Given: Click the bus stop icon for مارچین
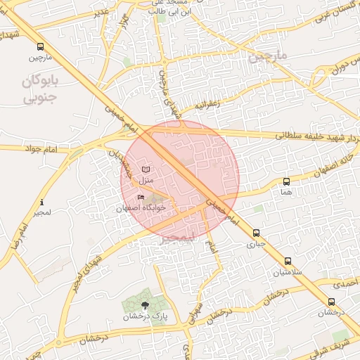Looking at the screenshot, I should pos(40,46).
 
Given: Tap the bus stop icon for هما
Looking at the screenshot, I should pos(285,181).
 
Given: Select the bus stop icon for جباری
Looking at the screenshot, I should pos(255,233).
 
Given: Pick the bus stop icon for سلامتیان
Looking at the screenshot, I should pos(288,261).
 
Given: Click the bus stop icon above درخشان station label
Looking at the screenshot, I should pos(331,302).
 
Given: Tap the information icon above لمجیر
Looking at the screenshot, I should pos(41,202).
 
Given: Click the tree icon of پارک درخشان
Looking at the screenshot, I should pos(145,305).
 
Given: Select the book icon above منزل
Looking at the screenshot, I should pos(146,169).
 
